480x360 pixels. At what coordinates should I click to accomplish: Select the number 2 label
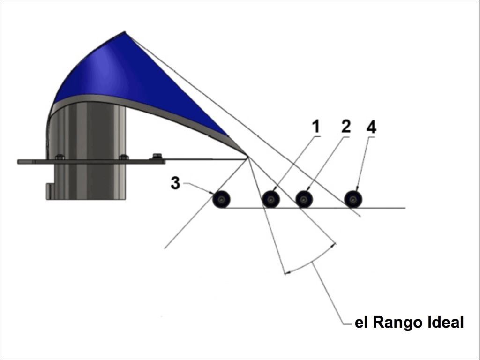345,126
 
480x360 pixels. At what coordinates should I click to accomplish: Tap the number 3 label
175,183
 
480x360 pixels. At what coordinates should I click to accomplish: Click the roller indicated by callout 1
271,200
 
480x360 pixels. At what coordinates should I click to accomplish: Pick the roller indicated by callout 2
304,200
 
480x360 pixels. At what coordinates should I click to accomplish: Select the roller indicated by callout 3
221,200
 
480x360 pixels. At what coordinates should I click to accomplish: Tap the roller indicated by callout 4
353,199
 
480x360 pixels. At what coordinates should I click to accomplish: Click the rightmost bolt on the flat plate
157,156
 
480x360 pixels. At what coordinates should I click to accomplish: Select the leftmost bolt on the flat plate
60,157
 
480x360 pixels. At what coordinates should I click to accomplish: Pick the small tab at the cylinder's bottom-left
48,191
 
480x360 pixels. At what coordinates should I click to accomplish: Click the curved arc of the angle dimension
312,261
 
